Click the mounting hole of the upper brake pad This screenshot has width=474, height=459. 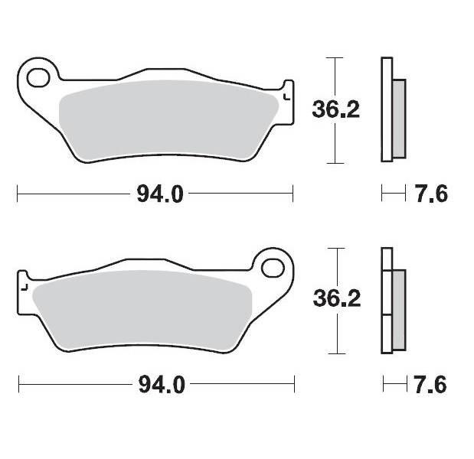[x=38, y=76]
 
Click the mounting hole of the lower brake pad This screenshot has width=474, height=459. [x=272, y=268]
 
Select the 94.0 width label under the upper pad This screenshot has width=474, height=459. [x=160, y=194]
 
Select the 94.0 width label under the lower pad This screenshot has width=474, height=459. [x=161, y=384]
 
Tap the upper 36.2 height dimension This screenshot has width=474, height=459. [x=335, y=110]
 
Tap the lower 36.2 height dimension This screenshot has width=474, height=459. [x=335, y=299]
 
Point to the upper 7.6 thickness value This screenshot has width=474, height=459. [x=432, y=194]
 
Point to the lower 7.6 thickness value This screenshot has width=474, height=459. [x=432, y=384]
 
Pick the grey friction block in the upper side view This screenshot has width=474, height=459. [x=398, y=119]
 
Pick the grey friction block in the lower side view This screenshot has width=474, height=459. [x=398, y=309]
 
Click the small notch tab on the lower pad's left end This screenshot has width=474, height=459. [x=23, y=285]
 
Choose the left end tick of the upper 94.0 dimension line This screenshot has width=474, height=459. [x=17, y=194]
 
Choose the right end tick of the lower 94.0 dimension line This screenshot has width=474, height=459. [x=294, y=384]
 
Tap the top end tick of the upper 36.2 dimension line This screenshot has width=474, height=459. [x=332, y=57]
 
